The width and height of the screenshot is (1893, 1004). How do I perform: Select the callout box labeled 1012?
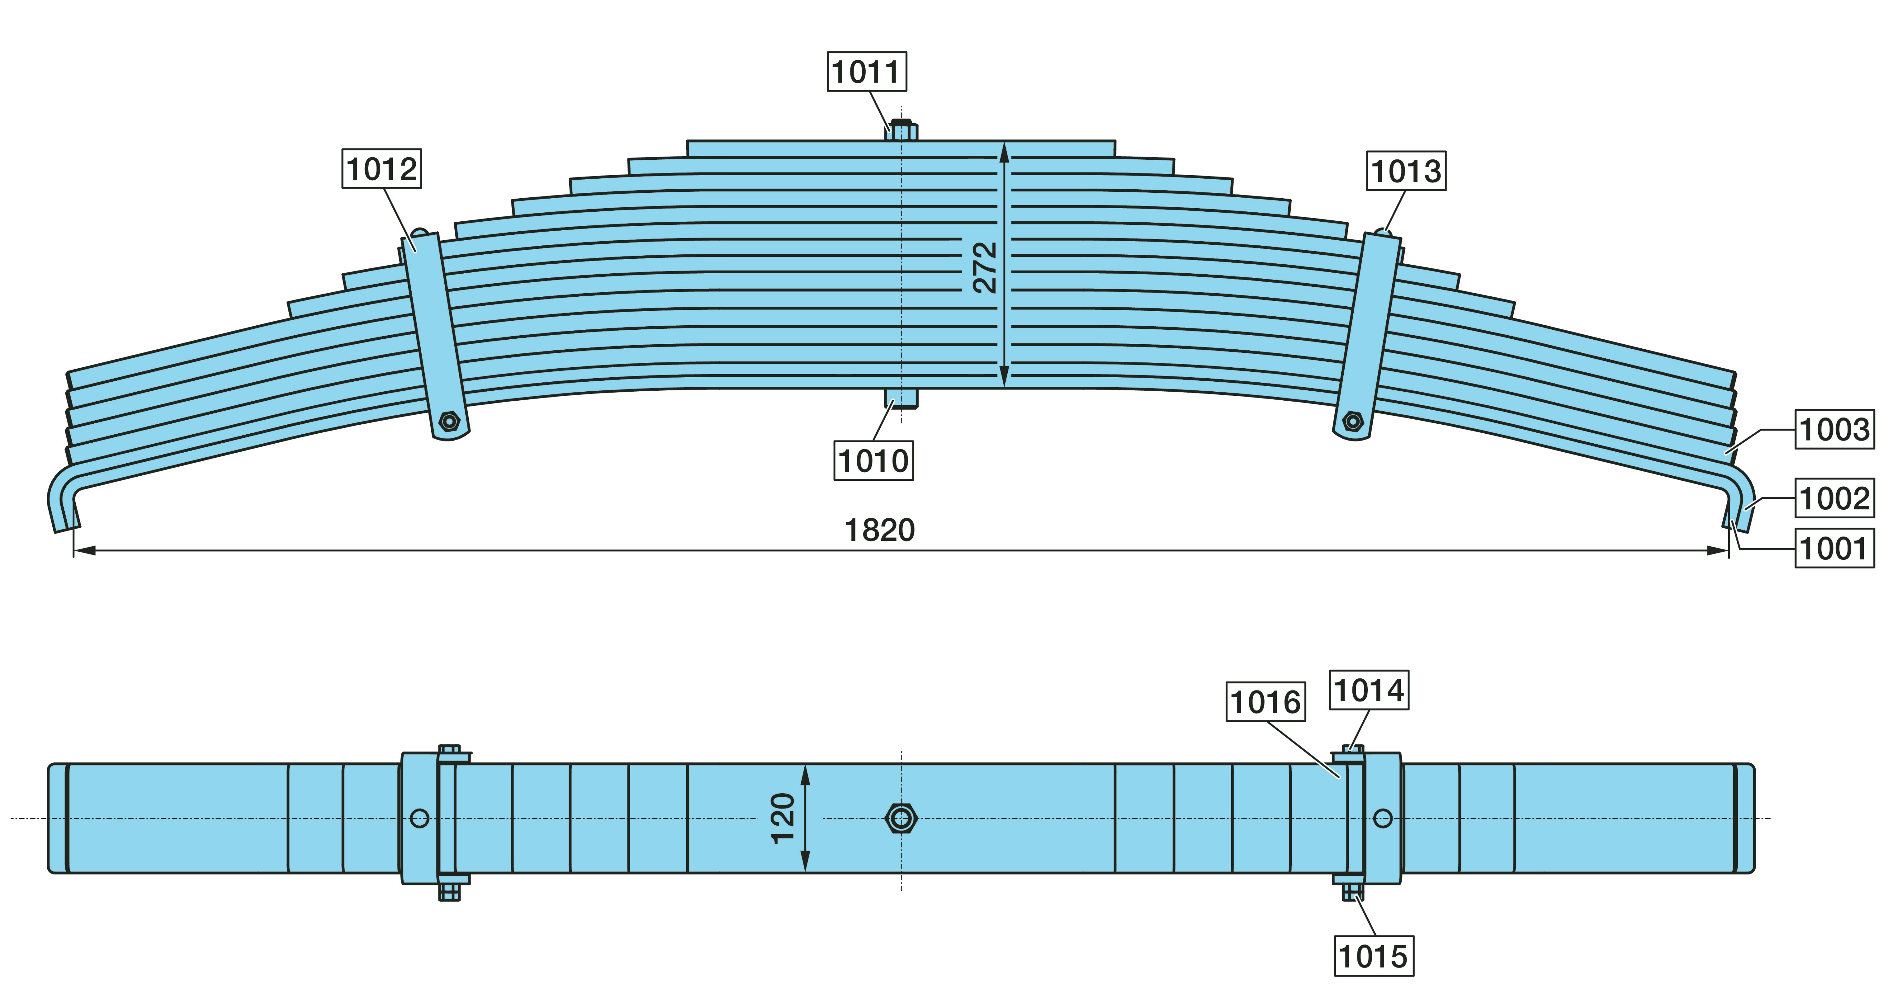click(x=381, y=168)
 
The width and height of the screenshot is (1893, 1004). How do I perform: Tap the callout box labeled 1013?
click(x=1407, y=170)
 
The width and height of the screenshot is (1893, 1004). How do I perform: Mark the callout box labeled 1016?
click(x=1266, y=701)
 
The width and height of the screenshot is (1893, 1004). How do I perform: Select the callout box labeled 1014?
click(x=1369, y=689)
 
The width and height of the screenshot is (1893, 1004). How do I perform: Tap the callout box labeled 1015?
click(x=1373, y=956)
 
